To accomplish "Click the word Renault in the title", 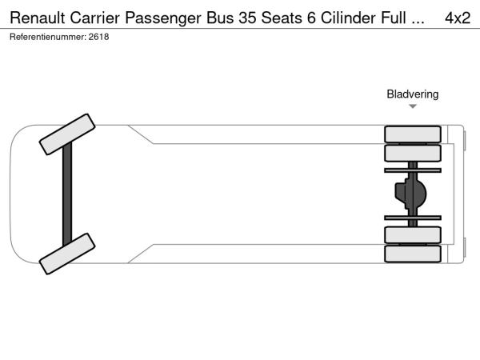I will (39, 18).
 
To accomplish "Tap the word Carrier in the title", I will (102, 18).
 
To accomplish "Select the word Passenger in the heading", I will (174, 18).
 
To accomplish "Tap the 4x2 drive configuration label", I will (457, 18).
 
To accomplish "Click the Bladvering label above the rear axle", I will (413, 94).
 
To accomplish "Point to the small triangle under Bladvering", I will (413, 106).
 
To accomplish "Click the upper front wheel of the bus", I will (67, 134).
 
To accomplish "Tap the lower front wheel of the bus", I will (67, 254).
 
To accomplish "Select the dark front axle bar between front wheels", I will (67, 194).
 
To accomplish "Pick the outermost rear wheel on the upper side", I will (413, 134).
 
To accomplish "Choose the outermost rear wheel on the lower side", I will (413, 254).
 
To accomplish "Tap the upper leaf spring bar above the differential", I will (413, 170).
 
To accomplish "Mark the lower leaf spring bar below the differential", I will (413, 218).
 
